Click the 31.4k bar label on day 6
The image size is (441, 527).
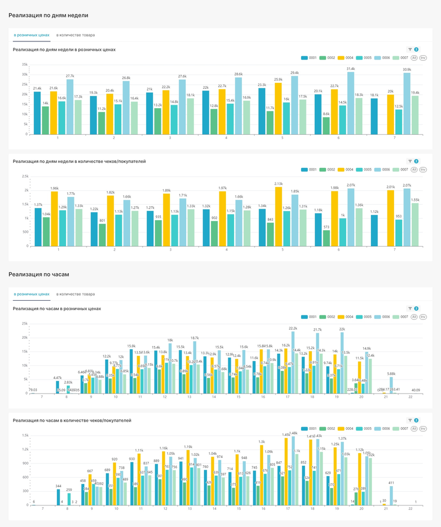click(x=351, y=68)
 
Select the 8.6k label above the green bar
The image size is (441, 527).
click(x=326, y=114)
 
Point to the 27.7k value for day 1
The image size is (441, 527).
click(x=70, y=76)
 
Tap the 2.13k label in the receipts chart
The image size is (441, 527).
click(x=278, y=184)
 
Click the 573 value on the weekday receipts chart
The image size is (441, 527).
click(x=326, y=227)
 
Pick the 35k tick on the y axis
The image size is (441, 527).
click(x=25, y=65)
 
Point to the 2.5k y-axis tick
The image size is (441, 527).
click(x=25, y=176)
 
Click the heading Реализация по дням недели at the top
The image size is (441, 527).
click(x=49, y=15)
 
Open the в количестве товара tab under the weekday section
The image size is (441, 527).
click(x=76, y=35)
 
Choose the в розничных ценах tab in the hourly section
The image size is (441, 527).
click(x=31, y=294)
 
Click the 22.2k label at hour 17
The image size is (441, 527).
click(x=293, y=328)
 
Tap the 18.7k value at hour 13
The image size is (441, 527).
click(x=195, y=338)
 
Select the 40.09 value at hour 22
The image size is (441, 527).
click(x=415, y=390)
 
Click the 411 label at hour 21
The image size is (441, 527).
click(x=391, y=483)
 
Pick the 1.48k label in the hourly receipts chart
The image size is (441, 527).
click(x=293, y=433)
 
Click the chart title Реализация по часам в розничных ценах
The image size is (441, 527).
click(x=57, y=308)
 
